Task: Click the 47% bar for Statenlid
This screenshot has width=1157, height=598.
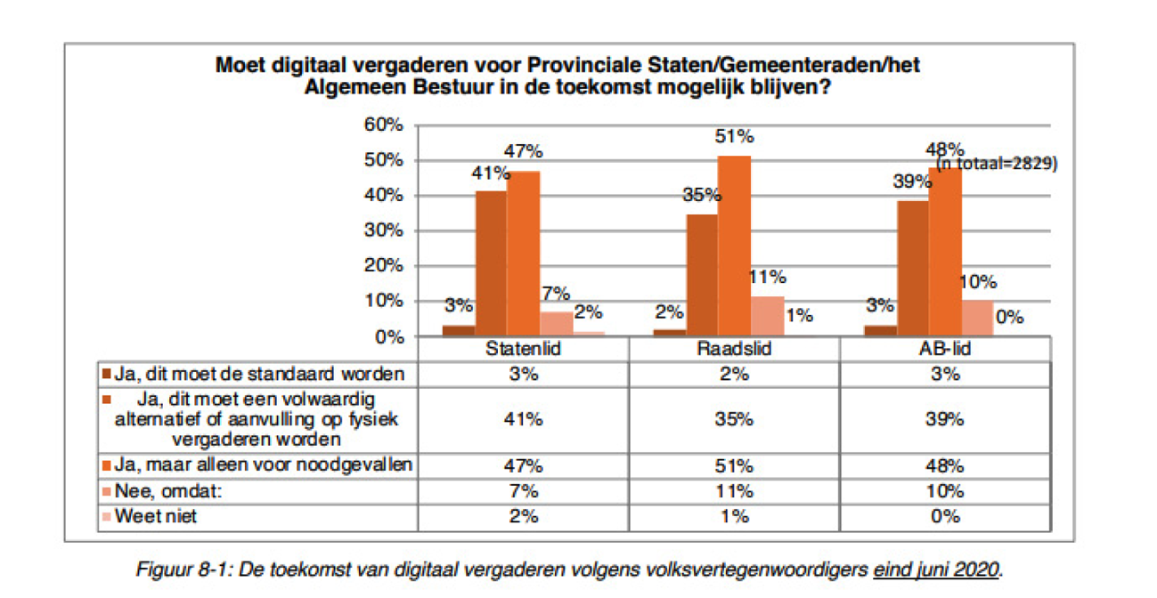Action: tap(524, 254)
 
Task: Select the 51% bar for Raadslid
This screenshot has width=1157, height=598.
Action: tap(735, 246)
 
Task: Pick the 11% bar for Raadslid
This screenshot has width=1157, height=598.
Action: tap(767, 317)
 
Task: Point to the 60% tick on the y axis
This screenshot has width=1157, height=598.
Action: tap(385, 125)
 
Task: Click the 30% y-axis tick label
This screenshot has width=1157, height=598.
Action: tap(385, 230)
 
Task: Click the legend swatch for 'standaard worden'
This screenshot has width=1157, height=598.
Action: tap(106, 375)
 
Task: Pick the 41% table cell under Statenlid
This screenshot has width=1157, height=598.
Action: tap(524, 419)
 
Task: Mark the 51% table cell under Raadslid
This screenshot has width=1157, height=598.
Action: tap(735, 465)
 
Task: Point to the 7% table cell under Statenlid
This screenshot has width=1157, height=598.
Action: tap(524, 491)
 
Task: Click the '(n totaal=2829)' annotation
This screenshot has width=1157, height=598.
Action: tap(995, 164)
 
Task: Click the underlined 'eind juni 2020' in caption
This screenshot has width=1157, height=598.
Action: tap(937, 570)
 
